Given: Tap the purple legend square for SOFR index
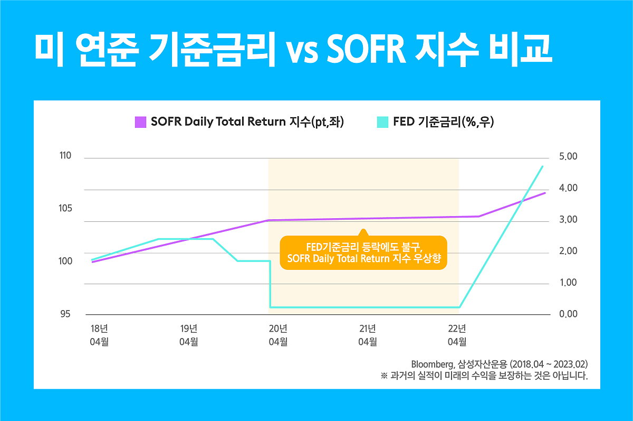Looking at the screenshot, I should [140, 123].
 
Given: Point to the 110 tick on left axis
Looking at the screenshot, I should [65, 156].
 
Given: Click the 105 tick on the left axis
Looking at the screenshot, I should [65, 209].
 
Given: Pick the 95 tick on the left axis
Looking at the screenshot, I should [66, 314].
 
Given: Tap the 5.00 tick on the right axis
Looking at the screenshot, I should [568, 157].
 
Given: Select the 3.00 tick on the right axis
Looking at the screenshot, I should [568, 220].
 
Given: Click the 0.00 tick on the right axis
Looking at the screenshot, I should [568, 314].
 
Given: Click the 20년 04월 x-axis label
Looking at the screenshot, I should [278, 335].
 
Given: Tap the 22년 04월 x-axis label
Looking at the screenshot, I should [457, 335].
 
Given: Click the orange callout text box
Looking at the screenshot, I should [363, 252].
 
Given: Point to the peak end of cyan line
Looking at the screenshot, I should [543, 166].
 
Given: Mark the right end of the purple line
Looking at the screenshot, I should [545, 193].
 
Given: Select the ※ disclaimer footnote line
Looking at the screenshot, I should [483, 376].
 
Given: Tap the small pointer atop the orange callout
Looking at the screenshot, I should [363, 232].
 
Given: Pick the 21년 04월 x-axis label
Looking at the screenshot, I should [368, 335].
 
